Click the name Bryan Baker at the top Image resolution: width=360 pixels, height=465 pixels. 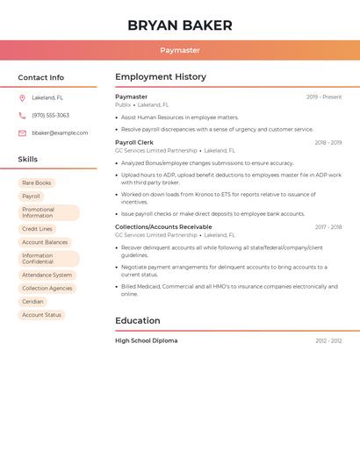(180, 25)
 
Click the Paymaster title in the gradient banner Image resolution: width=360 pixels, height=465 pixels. (180, 51)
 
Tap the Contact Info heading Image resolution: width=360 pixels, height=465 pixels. (41, 78)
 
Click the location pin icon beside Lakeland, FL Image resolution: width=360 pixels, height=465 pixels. (22, 98)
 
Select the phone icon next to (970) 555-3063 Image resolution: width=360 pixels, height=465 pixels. (22, 116)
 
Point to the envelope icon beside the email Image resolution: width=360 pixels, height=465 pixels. (22, 133)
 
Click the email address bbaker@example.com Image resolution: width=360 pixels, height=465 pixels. (60, 133)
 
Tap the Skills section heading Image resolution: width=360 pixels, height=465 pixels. (28, 160)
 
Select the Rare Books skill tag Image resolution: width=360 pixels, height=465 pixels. (37, 183)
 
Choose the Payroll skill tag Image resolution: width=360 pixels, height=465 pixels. (32, 197)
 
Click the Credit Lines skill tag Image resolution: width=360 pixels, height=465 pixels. (38, 229)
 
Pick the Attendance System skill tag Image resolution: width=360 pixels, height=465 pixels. (47, 275)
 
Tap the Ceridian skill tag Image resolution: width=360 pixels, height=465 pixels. (33, 302)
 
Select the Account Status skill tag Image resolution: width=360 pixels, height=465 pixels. (42, 315)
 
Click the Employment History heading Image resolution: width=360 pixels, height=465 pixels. (161, 77)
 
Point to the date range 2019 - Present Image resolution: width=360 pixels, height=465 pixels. (324, 97)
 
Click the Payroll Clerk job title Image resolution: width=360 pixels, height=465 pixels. (134, 142)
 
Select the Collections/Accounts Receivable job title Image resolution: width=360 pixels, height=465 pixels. (163, 227)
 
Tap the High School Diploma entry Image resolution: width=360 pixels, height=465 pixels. (146, 340)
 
